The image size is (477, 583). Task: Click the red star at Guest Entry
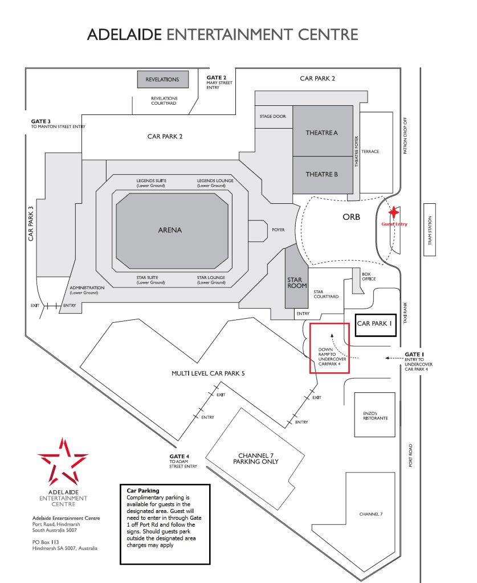(393, 212)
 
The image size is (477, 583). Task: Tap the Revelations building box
(162, 80)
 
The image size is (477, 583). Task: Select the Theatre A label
(321, 133)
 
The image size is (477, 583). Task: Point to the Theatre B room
(321, 174)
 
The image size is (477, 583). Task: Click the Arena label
(170, 230)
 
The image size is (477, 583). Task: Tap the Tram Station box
(430, 231)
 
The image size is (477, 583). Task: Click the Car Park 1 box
(375, 323)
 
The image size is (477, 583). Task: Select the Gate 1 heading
(414, 354)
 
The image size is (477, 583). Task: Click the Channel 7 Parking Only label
(256, 458)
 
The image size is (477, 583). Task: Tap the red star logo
(63, 461)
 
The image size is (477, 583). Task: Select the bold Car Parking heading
(142, 490)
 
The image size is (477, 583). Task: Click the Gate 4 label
(179, 456)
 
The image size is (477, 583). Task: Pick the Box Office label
(369, 276)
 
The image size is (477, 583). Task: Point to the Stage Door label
(273, 116)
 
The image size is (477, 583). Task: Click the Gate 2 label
(217, 77)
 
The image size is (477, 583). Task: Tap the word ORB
(351, 217)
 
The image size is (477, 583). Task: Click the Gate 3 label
(41, 121)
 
